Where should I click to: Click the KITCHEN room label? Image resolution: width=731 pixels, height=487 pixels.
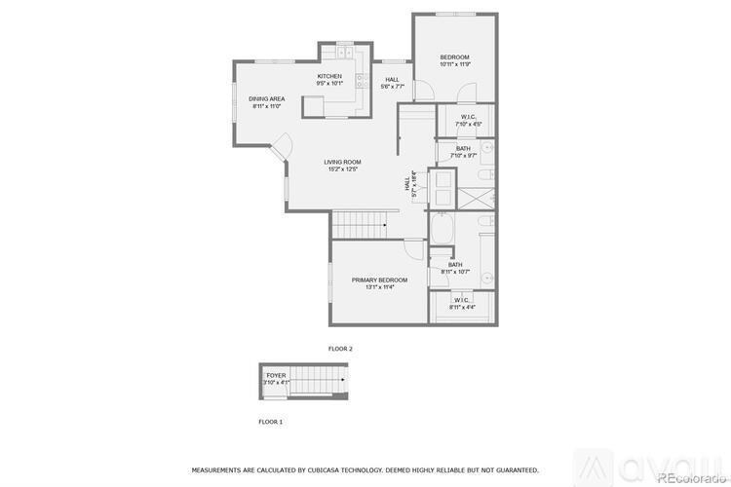pyautogui.click(x=329, y=76)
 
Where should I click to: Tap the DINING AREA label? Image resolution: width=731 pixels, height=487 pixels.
pyautogui.click(x=266, y=98)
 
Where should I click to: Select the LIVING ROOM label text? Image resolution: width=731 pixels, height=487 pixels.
pyautogui.click(x=343, y=162)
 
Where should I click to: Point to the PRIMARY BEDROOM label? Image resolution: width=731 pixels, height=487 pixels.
pyautogui.click(x=380, y=280)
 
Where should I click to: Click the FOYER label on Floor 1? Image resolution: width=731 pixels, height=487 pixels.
pyautogui.click(x=276, y=375)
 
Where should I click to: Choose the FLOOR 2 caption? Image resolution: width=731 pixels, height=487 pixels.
pyautogui.click(x=340, y=348)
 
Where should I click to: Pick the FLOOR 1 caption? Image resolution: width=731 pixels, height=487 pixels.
pyautogui.click(x=270, y=422)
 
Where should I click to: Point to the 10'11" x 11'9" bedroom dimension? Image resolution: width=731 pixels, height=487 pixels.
pyautogui.click(x=455, y=65)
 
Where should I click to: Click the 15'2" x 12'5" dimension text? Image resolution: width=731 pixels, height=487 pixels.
pyautogui.click(x=343, y=169)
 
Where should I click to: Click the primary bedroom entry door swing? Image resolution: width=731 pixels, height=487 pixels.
pyautogui.click(x=415, y=248)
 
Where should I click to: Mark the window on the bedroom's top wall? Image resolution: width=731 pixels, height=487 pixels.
pyautogui.click(x=455, y=14)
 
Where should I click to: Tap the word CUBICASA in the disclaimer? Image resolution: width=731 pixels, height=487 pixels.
pyautogui.click(x=327, y=468)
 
